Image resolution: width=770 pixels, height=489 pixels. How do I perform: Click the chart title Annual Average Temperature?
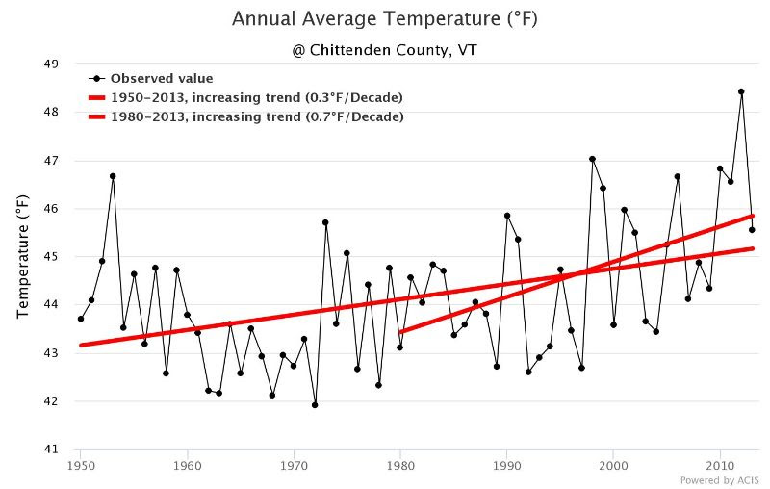(x=384, y=19)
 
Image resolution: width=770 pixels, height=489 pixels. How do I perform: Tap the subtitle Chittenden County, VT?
(x=384, y=50)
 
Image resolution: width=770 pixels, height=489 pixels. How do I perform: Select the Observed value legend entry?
(x=151, y=79)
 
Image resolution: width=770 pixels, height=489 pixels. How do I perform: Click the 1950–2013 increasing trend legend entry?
(x=245, y=97)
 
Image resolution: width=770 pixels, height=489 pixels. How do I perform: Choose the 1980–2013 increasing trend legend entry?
(x=246, y=116)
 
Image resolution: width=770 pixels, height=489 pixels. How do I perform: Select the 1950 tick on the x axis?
(x=80, y=466)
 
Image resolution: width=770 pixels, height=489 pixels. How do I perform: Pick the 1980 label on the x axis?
(x=400, y=466)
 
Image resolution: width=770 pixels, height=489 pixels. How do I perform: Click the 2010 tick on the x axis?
(x=720, y=466)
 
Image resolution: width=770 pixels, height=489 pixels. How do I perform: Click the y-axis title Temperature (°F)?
(x=22, y=257)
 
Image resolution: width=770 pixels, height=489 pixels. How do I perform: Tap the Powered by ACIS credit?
(x=719, y=480)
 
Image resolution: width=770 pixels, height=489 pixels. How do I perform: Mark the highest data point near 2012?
(x=741, y=91)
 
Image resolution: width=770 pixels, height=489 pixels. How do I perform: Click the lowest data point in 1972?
(x=315, y=405)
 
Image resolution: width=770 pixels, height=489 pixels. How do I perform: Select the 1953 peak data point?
(x=113, y=176)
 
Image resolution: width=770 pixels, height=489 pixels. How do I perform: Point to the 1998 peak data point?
(x=592, y=159)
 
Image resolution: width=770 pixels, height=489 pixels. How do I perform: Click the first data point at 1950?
(x=81, y=320)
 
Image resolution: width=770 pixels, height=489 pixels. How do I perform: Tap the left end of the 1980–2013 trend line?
(x=400, y=332)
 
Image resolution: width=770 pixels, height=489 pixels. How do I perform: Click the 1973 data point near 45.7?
(x=325, y=222)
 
